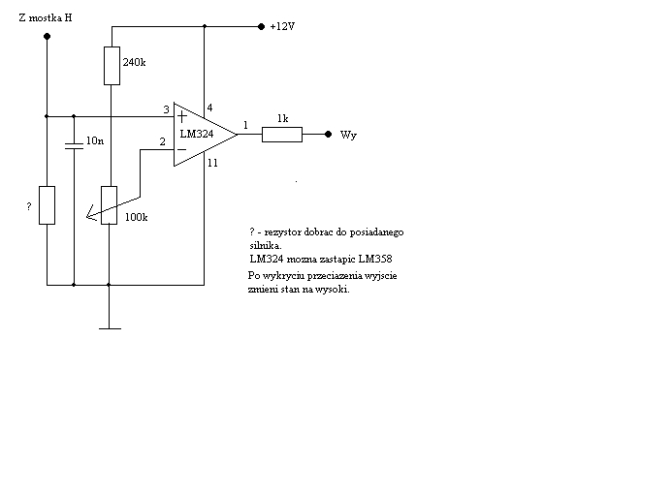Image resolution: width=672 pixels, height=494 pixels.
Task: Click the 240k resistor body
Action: pyautogui.click(x=112, y=66)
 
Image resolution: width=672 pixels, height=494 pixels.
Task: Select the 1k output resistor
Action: pyautogui.click(x=282, y=135)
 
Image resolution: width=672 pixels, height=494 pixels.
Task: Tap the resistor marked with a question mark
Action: pyautogui.click(x=48, y=205)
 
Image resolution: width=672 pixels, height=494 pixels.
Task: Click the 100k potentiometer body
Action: pyautogui.click(x=109, y=205)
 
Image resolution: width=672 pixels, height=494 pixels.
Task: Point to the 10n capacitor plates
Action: pyautogui.click(x=74, y=146)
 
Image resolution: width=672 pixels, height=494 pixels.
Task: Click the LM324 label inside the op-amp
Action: pyautogui.click(x=197, y=134)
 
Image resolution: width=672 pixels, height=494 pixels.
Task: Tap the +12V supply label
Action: pyautogui.click(x=282, y=26)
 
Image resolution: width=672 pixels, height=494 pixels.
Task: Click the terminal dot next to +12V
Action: pyautogui.click(x=262, y=26)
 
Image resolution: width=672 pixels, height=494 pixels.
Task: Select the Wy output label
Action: pyautogui.click(x=348, y=136)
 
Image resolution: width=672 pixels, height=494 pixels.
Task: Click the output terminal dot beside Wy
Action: pyautogui.click(x=329, y=135)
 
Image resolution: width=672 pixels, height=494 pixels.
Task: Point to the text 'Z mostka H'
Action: pyautogui.click(x=46, y=18)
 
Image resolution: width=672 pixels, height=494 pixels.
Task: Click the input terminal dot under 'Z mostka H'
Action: pyautogui.click(x=48, y=37)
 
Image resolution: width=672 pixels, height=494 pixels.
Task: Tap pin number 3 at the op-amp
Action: pyautogui.click(x=166, y=109)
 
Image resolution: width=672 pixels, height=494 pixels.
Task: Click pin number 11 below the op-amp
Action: pyautogui.click(x=212, y=163)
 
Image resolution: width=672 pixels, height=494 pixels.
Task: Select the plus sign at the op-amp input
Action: pyautogui.click(x=182, y=116)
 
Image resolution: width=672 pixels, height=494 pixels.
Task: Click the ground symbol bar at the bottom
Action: pyautogui.click(x=110, y=328)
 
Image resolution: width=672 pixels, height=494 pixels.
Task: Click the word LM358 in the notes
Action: pyautogui.click(x=375, y=259)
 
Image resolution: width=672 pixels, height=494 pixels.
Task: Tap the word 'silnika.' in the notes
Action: pyautogui.click(x=266, y=246)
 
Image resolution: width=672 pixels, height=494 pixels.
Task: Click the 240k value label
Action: pyautogui.click(x=134, y=63)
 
